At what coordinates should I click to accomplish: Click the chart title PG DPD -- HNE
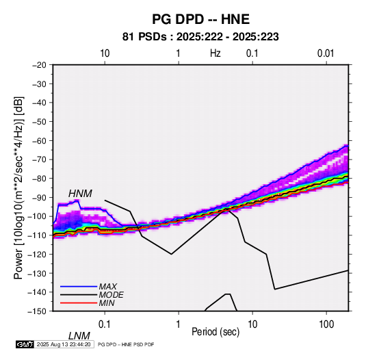(x=200, y=19)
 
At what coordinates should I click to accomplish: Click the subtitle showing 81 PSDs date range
(x=200, y=37)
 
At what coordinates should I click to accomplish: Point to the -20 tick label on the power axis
(x=39, y=65)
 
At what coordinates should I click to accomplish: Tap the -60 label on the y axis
(x=39, y=140)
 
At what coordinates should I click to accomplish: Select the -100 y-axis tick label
(x=37, y=216)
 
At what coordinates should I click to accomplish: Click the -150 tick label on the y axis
(x=37, y=311)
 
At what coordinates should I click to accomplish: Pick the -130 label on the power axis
(x=37, y=273)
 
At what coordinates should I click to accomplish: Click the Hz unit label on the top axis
(x=215, y=53)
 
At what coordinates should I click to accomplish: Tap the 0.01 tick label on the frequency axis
(x=326, y=53)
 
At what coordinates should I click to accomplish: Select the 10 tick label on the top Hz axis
(x=105, y=53)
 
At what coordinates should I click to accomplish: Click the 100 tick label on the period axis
(x=326, y=324)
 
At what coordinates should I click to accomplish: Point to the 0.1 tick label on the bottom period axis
(x=105, y=324)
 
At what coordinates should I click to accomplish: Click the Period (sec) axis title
(x=215, y=332)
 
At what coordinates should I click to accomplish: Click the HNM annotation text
(x=80, y=194)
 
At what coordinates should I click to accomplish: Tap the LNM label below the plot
(x=79, y=336)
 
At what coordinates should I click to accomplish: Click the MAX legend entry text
(x=108, y=287)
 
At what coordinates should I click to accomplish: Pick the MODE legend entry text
(x=112, y=295)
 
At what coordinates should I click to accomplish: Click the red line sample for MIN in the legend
(x=79, y=303)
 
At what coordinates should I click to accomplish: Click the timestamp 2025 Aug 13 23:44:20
(x=64, y=344)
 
